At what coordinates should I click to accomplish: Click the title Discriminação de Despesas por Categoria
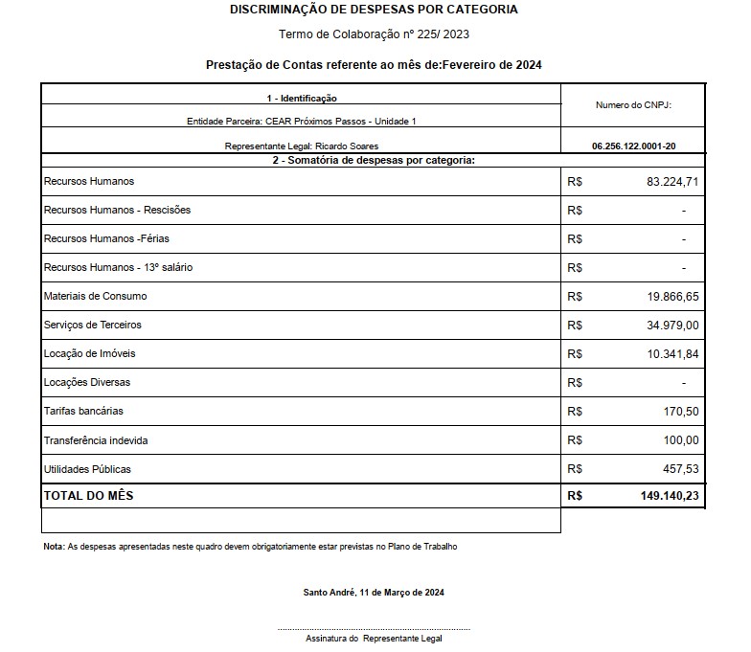point(375,10)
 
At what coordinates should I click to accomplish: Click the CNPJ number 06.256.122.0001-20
point(633,146)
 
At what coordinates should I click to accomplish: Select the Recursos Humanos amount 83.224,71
point(673,181)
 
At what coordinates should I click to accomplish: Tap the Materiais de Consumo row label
point(96,296)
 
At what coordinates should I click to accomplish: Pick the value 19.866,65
point(673,297)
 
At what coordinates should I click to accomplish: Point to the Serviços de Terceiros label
point(93,325)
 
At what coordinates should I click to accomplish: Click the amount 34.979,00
point(673,326)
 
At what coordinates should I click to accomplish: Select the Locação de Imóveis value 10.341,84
point(673,354)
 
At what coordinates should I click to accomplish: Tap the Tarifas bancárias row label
point(83,411)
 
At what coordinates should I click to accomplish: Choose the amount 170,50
point(682,412)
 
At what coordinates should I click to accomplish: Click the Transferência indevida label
point(96,440)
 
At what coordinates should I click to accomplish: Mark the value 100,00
point(682,440)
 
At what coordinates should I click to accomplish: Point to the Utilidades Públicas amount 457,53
point(682,469)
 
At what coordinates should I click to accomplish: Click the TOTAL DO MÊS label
point(89,495)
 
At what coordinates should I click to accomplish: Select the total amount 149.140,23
point(668,496)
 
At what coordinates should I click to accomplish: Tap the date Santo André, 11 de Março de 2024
point(374,592)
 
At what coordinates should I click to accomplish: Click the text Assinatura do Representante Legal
point(374,638)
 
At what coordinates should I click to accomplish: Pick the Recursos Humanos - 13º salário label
point(118,267)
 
